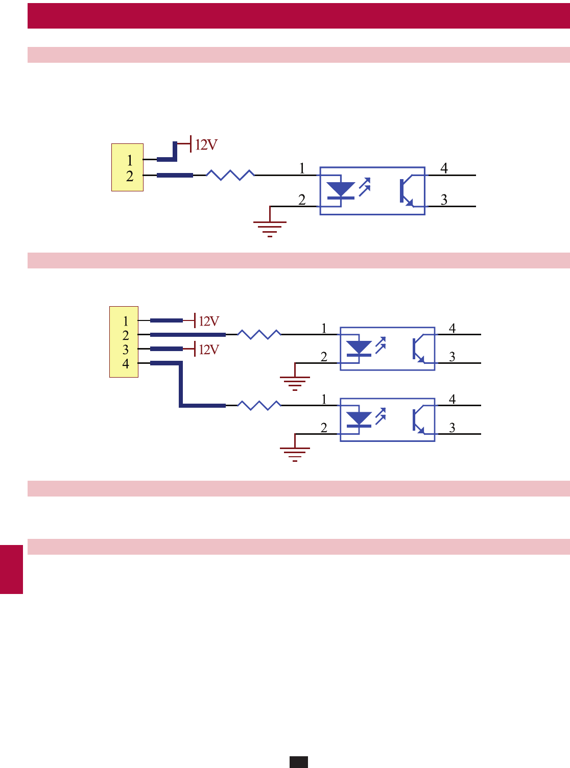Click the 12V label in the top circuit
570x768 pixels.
[x=206, y=145]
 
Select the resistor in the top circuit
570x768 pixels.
[x=230, y=175]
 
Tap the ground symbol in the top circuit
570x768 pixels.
[x=270, y=228]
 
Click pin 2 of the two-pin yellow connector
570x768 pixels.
[x=130, y=177]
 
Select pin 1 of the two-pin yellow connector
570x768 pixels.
[x=130, y=160]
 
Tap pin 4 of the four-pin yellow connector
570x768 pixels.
[x=126, y=364]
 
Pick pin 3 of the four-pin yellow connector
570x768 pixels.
[x=126, y=350]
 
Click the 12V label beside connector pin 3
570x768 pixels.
[x=208, y=350]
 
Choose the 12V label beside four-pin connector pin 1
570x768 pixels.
[x=208, y=321]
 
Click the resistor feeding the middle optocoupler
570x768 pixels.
[x=259, y=334]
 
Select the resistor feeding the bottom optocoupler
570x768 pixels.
[x=259, y=405]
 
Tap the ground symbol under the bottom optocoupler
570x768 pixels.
[x=295, y=454]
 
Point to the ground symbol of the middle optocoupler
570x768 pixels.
[x=295, y=383]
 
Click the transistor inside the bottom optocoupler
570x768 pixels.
[x=418, y=420]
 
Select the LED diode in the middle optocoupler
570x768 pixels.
[x=359, y=349]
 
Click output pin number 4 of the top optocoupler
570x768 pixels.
[x=444, y=168]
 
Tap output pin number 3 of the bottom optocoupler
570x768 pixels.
[x=452, y=428]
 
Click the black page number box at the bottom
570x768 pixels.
[x=299, y=761]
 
